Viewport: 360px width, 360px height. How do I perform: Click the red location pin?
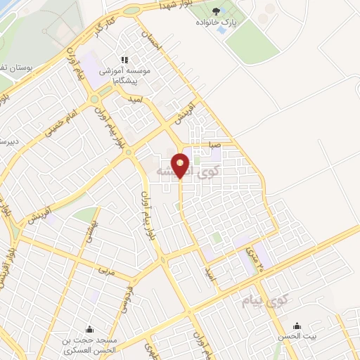tap(181, 165)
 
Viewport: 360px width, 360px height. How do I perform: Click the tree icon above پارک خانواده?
tap(216, 11)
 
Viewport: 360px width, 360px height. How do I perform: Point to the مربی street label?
tap(106, 269)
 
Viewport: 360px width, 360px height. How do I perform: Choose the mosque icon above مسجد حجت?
tap(89, 328)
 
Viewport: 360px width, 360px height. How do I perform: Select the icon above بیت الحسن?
tap(297, 326)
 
